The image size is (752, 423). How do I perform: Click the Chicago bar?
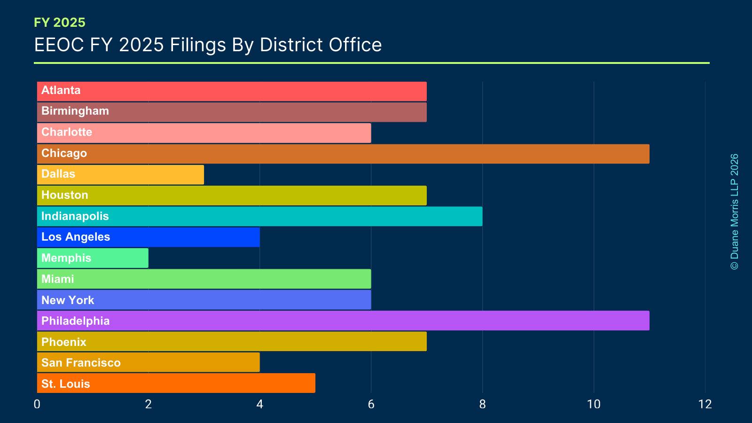(343, 154)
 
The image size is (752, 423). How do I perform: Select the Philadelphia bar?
(343, 321)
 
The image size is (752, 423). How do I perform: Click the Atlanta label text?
(61, 90)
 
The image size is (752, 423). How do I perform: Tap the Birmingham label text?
(75, 111)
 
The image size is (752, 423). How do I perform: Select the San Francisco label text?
(81, 363)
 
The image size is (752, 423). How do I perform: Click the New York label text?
(68, 300)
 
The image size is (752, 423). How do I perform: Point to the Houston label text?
(65, 195)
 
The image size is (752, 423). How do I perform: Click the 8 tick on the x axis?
(482, 404)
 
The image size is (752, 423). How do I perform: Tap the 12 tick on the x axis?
(705, 404)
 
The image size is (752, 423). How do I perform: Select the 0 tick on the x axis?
(37, 404)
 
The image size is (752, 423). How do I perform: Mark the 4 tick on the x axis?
(259, 404)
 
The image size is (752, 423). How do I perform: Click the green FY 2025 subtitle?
(60, 23)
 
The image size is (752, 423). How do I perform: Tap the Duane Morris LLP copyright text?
(734, 211)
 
